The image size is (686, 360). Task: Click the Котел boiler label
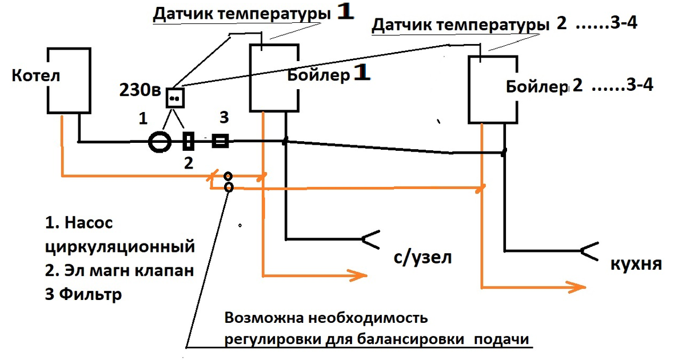(36, 76)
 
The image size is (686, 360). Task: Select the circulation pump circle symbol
(159, 141)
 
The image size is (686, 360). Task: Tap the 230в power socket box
(176, 98)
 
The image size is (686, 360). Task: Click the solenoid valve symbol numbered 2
(189, 141)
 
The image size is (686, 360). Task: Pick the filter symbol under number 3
(221, 141)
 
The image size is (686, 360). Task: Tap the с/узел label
(422, 257)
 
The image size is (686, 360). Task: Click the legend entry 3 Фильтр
(83, 295)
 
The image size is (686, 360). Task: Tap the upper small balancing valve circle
(228, 177)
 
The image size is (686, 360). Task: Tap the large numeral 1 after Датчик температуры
(345, 13)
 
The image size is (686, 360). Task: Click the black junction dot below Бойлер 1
(285, 141)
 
